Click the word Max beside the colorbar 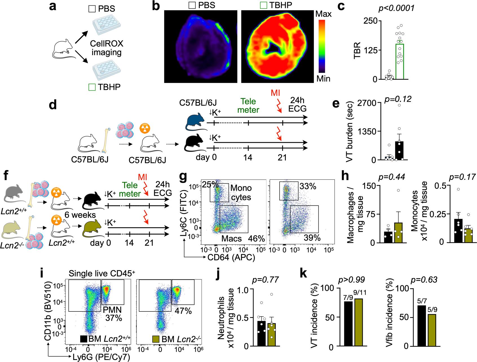[324, 14]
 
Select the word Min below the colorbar [323, 78]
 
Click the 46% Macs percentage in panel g [256, 239]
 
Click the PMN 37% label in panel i [113, 313]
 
